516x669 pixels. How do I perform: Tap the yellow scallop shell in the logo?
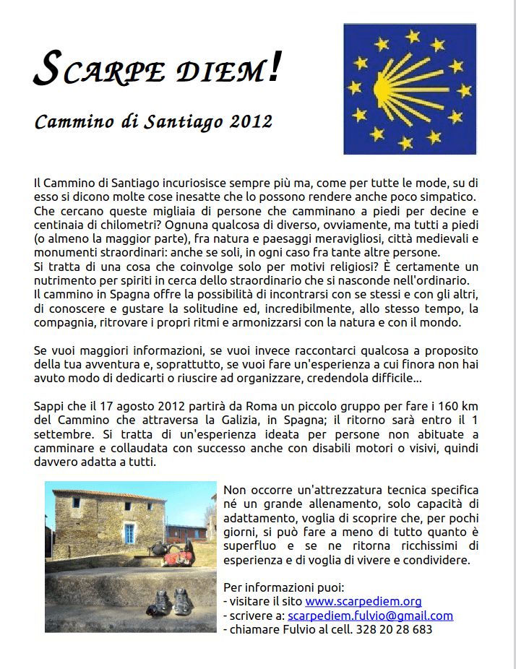pyautogui.click(x=401, y=84)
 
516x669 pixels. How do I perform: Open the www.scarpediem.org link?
pyautogui.click(x=363, y=601)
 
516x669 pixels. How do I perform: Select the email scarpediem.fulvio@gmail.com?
pyautogui.click(x=370, y=616)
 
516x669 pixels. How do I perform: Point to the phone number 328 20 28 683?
pyautogui.click(x=394, y=629)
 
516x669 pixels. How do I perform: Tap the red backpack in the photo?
pyautogui.click(x=176, y=556)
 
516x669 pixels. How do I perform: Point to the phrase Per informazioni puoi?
pyautogui.click(x=284, y=587)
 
